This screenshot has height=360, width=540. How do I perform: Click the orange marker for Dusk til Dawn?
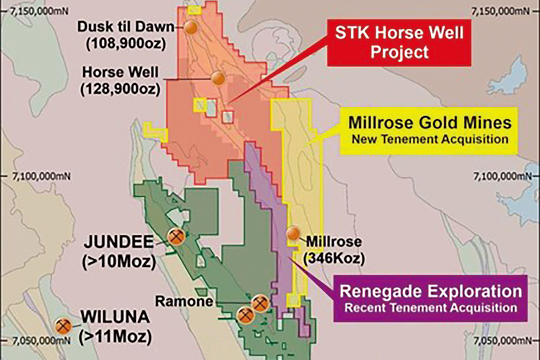coord(191,27)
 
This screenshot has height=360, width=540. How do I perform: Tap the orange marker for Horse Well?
coord(218,78)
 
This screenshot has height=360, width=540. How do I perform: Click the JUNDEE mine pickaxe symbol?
coord(176,237)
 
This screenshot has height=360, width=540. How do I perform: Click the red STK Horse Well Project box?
coord(399,42)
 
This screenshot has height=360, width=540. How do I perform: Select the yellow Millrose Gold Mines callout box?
coord(430,130)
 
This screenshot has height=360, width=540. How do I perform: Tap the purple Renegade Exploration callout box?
coord(430,298)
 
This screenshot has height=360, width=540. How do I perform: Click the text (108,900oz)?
coord(126,44)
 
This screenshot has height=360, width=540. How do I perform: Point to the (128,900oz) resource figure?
coord(120,89)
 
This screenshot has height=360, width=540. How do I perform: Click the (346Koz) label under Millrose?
coord(334,259)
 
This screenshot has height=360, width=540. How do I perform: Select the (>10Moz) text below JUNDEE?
coord(119,261)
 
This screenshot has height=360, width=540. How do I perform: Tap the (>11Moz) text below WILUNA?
coord(115,336)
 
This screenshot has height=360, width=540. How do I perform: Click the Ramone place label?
coord(184,301)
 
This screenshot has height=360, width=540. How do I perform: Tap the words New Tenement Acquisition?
coord(430,139)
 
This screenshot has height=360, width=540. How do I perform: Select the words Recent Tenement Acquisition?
coord(430,308)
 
